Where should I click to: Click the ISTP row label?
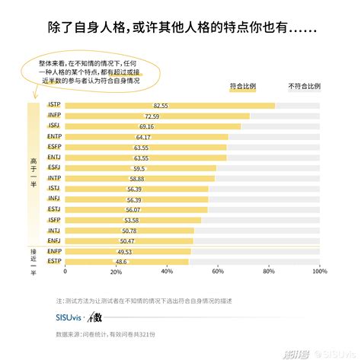(54, 105)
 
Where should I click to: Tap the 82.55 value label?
(161, 105)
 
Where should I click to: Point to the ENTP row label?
(54, 136)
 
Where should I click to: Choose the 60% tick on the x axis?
(218, 270)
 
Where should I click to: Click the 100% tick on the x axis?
(319, 270)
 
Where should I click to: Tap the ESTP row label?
(54, 261)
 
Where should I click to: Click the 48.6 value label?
(121, 261)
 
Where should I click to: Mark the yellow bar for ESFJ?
(140, 167)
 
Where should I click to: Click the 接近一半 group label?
(33, 256)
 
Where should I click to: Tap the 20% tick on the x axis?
(117, 270)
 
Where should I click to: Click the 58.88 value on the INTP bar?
(136, 178)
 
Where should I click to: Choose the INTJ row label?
(54, 230)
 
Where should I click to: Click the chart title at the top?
(180, 28)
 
